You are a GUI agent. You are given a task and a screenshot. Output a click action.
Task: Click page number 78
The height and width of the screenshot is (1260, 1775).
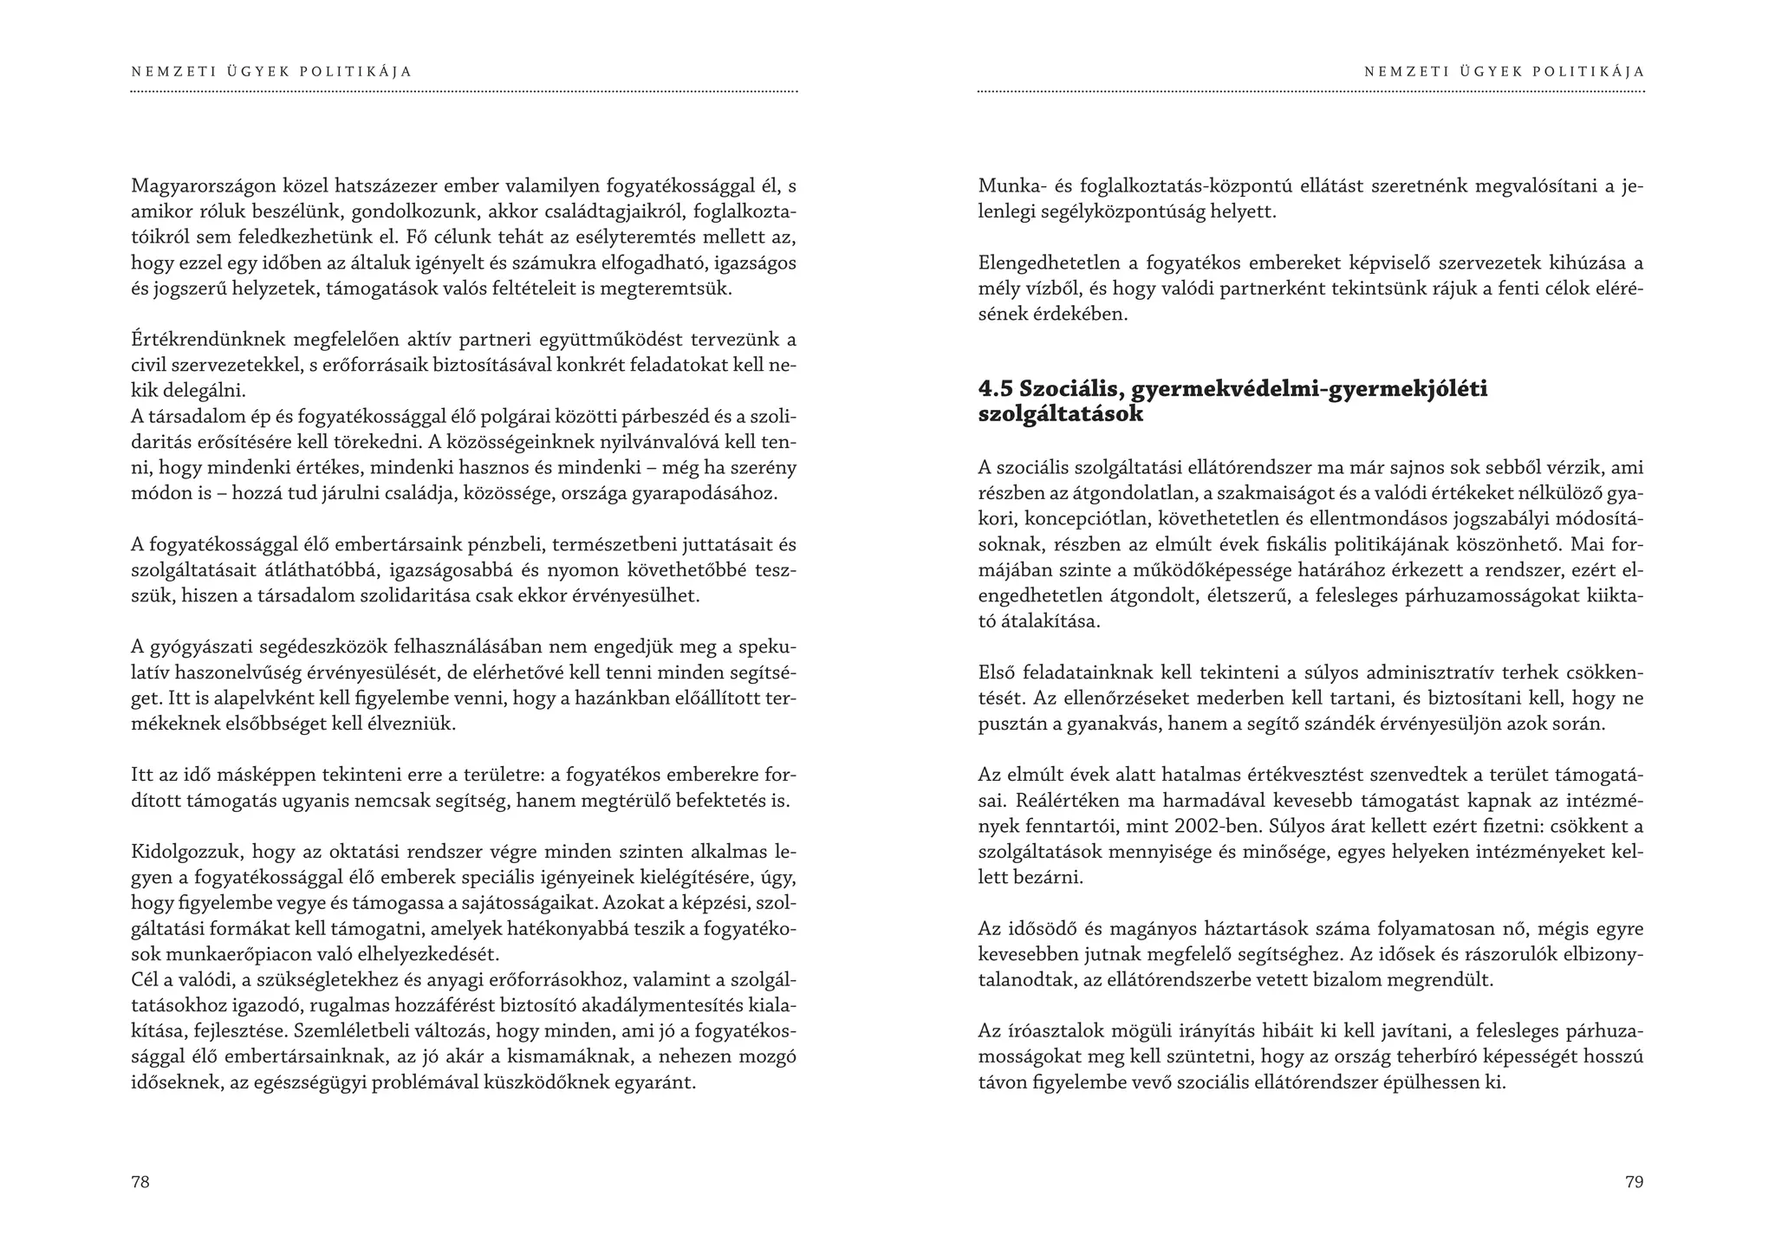(140, 1182)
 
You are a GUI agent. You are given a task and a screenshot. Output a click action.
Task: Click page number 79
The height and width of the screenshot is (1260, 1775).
(1634, 1182)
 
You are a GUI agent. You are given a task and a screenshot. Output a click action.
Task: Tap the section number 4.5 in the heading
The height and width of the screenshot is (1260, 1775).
(996, 389)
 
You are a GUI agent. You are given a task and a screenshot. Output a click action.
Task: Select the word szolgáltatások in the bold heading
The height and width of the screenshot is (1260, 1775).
(1061, 414)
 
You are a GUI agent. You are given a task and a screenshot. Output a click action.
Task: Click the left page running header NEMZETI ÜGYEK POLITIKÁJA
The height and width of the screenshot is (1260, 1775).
(271, 72)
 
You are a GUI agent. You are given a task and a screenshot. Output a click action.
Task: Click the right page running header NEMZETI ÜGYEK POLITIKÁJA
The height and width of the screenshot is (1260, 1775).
(1504, 72)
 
